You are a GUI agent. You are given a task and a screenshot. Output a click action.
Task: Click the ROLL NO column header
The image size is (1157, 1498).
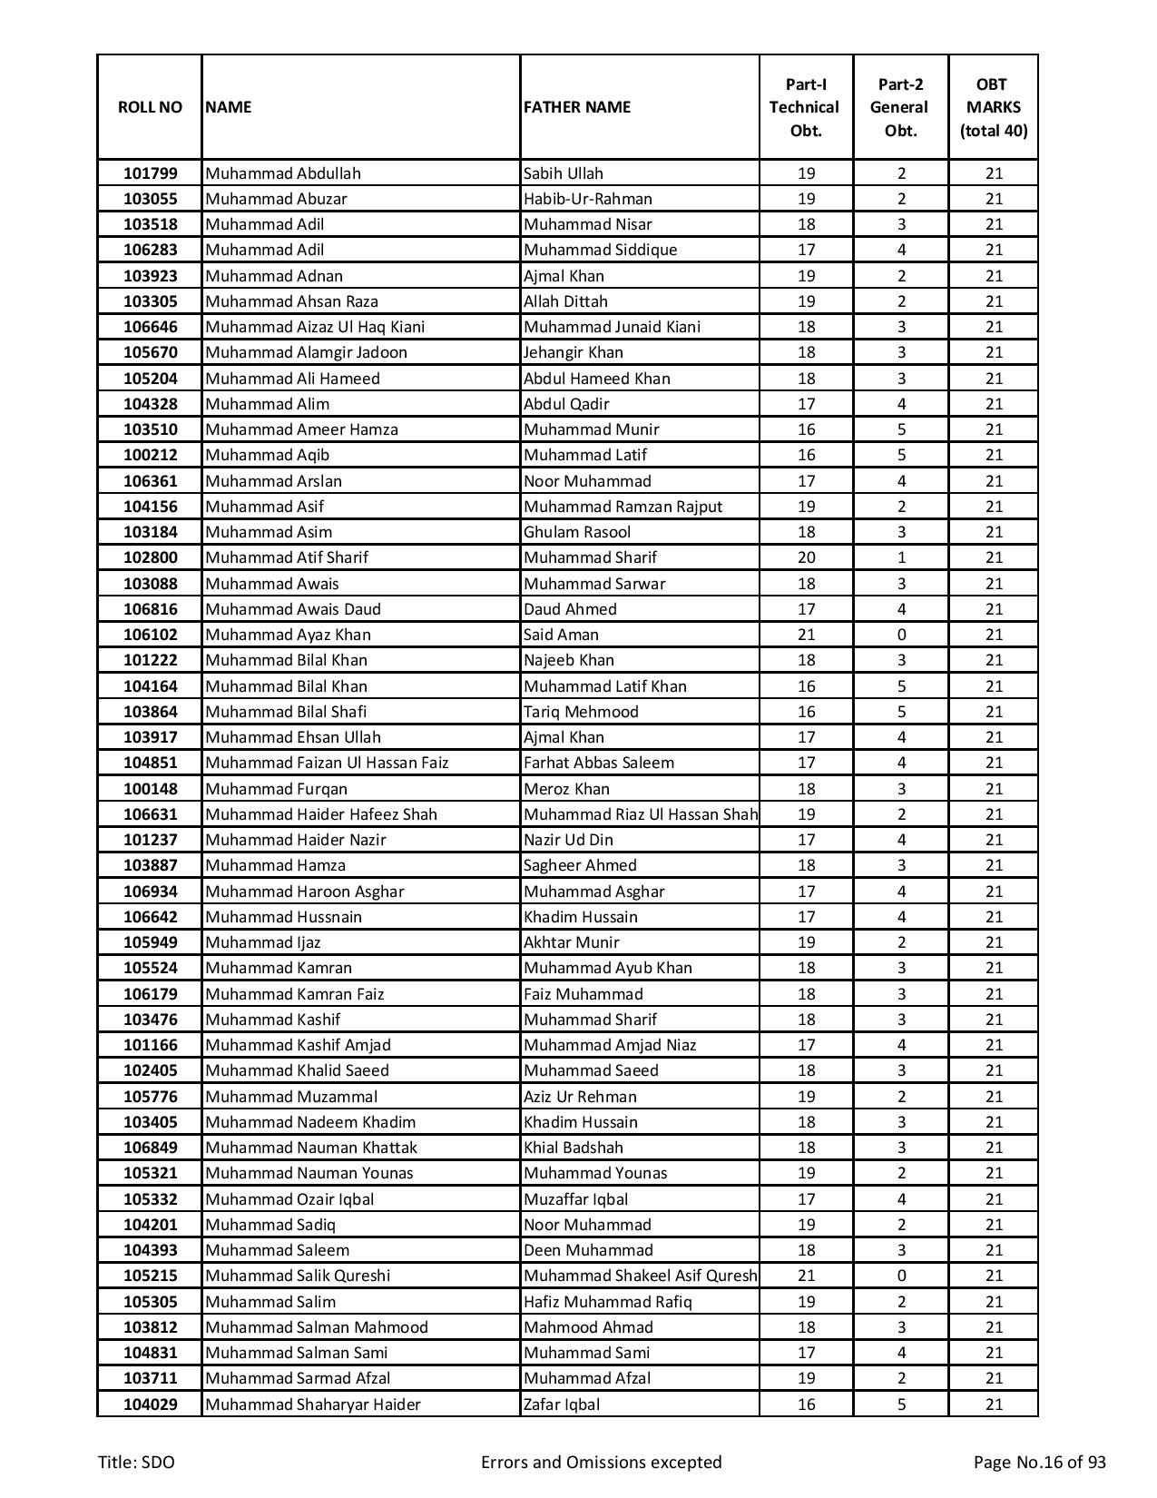coord(150,107)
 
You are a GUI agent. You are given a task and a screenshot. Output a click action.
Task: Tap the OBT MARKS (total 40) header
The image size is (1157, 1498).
coord(993,107)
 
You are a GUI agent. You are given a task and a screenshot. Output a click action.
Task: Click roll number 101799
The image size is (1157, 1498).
coord(150,173)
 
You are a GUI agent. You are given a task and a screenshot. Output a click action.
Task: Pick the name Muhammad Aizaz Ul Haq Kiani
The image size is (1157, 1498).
coord(315,327)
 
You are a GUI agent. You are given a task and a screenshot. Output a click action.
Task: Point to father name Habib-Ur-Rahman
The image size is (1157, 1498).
coord(587,199)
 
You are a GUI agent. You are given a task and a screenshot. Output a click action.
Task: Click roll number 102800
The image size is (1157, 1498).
coord(150,557)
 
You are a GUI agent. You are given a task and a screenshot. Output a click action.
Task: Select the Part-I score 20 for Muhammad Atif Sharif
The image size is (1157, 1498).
coord(806,557)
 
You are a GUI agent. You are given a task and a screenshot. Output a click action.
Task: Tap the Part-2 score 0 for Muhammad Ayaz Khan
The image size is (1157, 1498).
coord(900,635)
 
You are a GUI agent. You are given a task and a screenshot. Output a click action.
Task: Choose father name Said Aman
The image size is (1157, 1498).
coord(561,635)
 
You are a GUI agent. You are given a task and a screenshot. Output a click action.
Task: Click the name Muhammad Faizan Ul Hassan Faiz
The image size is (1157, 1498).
coord(327,763)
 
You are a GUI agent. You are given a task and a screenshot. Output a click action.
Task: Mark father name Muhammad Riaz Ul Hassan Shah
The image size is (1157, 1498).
coord(640,814)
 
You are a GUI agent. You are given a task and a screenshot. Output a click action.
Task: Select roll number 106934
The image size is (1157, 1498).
coord(150,892)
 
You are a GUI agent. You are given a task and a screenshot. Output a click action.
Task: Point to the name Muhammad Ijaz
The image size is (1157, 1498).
coord(262,942)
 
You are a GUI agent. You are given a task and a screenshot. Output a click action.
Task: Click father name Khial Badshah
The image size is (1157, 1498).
coord(573,1148)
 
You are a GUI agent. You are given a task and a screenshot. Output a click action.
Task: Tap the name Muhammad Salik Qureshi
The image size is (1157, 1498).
coord(298,1276)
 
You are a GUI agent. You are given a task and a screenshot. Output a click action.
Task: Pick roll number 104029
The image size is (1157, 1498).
coord(150,1404)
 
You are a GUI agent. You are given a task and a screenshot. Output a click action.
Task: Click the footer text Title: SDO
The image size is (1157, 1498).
coord(136,1462)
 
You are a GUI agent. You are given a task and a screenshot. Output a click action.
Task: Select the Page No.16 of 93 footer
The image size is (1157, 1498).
coord(1039,1462)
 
